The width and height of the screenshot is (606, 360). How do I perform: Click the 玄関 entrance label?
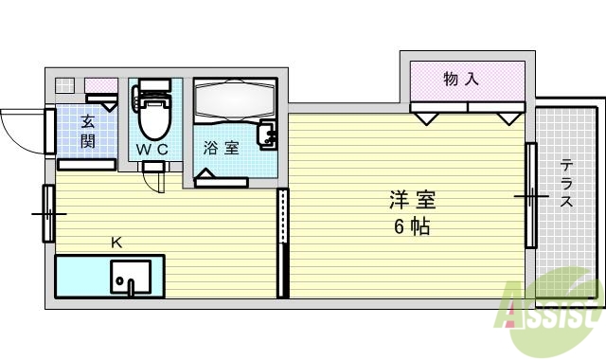click(x=87, y=132)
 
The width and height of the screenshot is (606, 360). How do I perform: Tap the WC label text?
click(x=151, y=150)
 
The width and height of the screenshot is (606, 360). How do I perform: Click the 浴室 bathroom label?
click(x=221, y=149)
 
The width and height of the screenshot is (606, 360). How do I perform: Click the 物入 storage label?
click(x=461, y=80)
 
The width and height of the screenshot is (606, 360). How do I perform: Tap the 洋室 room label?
click(x=411, y=201)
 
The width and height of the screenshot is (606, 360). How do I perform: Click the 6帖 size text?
click(x=411, y=227)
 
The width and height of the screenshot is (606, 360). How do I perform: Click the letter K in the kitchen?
click(x=116, y=243)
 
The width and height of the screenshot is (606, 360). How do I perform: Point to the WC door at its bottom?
click(x=153, y=170)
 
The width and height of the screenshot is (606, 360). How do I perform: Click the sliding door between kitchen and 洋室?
click(x=281, y=243)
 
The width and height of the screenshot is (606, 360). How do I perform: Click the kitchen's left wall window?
click(x=47, y=213)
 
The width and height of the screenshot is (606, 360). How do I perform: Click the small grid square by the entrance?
click(x=63, y=85)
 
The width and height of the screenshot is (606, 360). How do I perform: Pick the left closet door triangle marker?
click(x=425, y=117)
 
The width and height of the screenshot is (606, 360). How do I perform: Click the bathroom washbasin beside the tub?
click(x=267, y=135)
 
